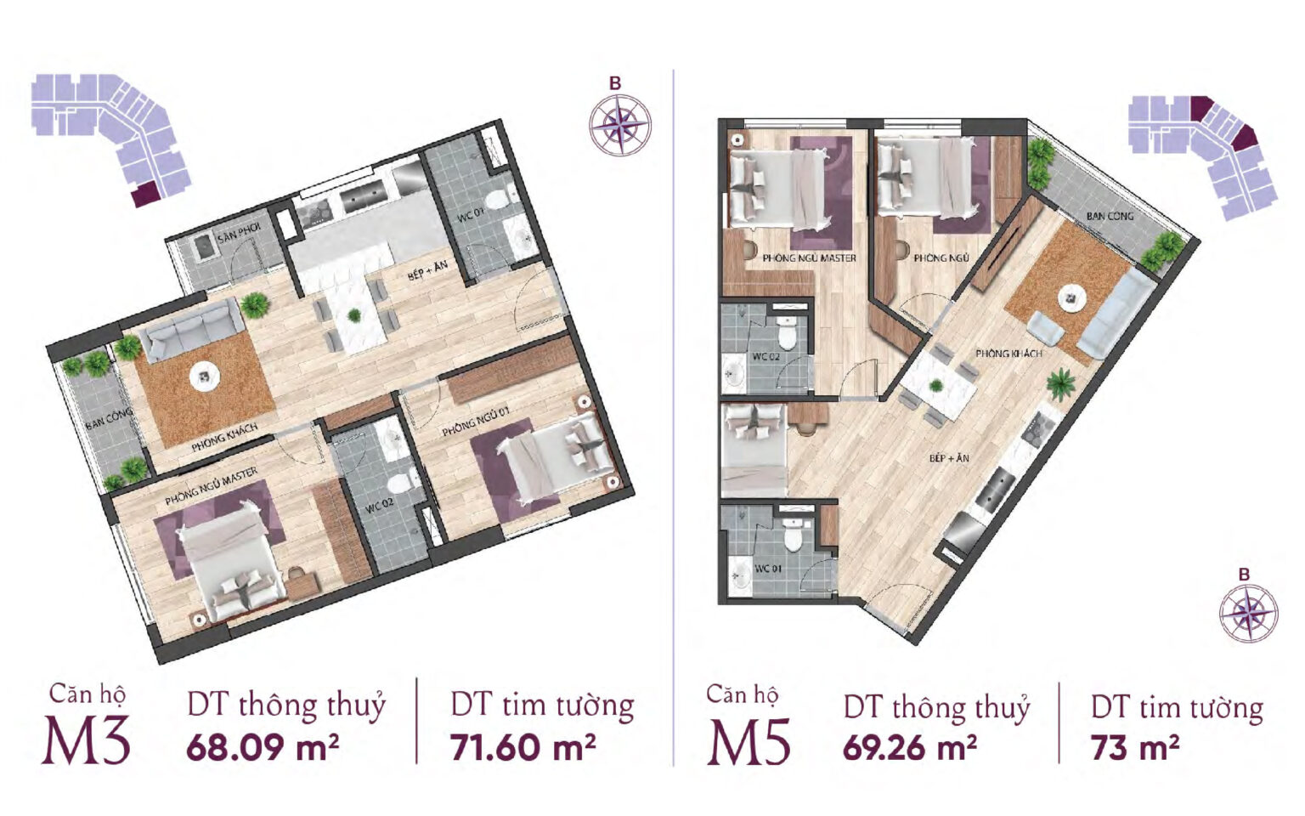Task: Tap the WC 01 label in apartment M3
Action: point(472,216)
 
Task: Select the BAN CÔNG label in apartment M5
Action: point(1110,216)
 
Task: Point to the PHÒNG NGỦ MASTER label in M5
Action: point(810,258)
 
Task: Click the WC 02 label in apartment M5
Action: point(765,356)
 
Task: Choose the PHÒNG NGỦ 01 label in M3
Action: point(476,421)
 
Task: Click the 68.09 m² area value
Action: point(263,746)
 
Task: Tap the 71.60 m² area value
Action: point(523,746)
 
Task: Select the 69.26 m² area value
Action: point(910,747)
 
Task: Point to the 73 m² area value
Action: point(1135,747)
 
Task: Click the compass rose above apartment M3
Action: point(620,124)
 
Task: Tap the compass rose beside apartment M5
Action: point(1248,613)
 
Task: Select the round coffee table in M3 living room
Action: point(204,377)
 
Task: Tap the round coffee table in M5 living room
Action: point(1071,297)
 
